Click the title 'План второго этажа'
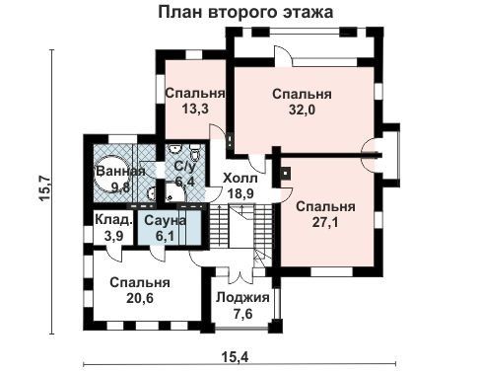[x=245, y=13]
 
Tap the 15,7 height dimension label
[x=44, y=188]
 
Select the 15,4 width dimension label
[x=235, y=356]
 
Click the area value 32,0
[x=302, y=110]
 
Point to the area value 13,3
[x=195, y=109]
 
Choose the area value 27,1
[x=325, y=223]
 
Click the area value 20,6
[x=140, y=298]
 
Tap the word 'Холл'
[x=240, y=179]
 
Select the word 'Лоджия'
[x=242, y=298]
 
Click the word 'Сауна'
[x=165, y=220]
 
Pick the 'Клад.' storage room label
[x=113, y=220]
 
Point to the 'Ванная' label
[x=120, y=171]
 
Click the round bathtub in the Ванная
[x=111, y=174]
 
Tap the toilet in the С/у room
[x=195, y=152]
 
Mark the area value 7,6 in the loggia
[x=242, y=314]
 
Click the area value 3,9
[x=113, y=236]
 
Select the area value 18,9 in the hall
[x=240, y=193]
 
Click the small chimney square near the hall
[x=286, y=172]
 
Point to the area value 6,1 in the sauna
[x=165, y=236]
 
